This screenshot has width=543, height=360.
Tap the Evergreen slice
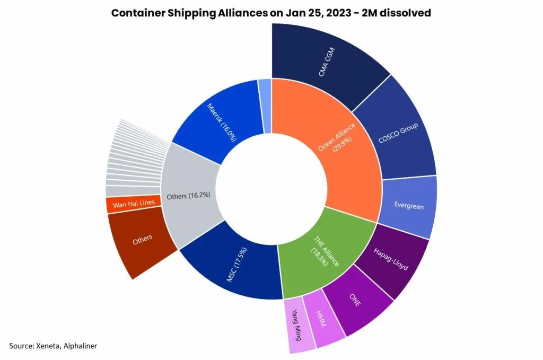[409, 206]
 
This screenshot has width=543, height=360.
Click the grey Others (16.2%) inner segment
[189, 195]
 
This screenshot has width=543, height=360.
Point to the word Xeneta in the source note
[49, 346]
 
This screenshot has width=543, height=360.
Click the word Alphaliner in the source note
[80, 346]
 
